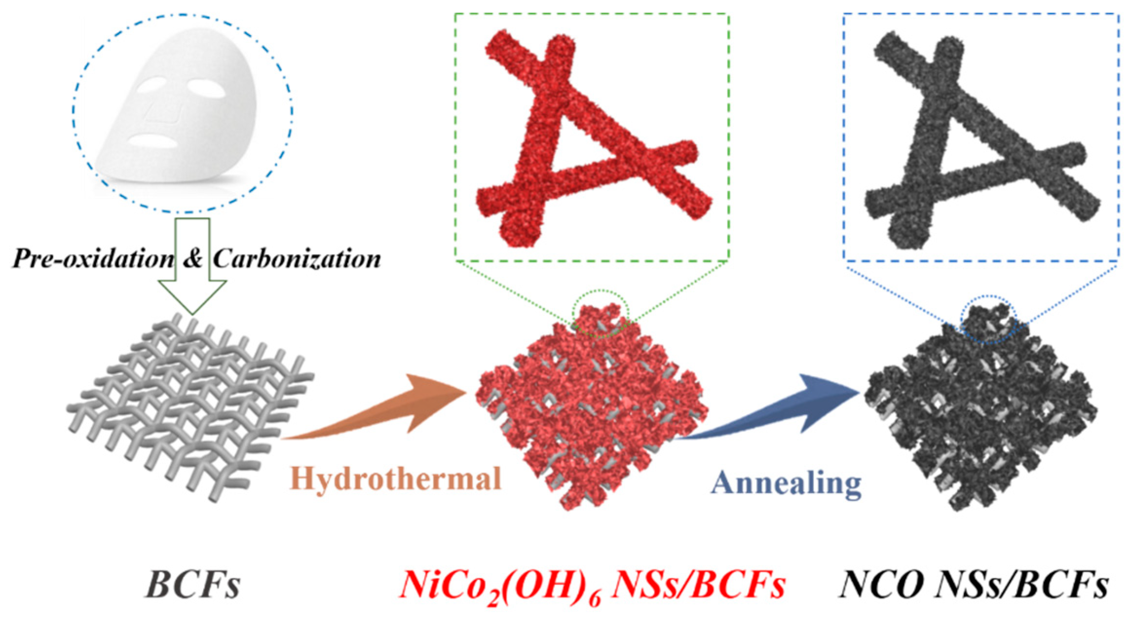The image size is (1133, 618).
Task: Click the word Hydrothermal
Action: tap(395, 479)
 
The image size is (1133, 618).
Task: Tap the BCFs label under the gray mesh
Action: tap(193, 584)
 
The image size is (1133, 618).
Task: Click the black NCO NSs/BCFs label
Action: tap(974, 584)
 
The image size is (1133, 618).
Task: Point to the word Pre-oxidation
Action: tap(93, 259)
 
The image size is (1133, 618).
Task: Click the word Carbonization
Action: tap(297, 259)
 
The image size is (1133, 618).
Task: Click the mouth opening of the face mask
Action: tap(153, 141)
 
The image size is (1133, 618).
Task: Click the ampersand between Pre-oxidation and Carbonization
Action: tap(193, 259)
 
